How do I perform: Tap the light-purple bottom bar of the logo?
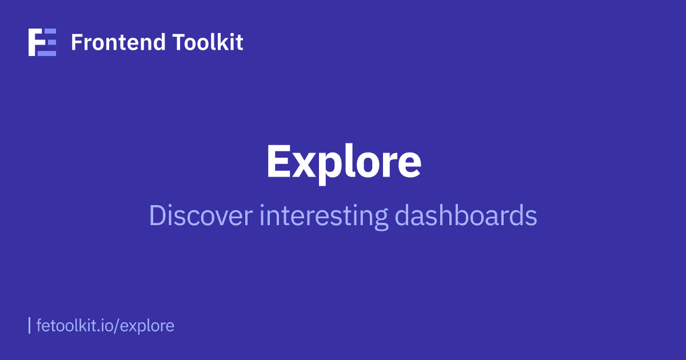click(47, 53)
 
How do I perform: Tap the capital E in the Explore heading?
click(279, 161)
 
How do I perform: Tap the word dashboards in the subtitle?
click(466, 216)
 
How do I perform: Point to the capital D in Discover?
click(157, 216)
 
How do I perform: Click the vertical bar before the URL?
click(30, 326)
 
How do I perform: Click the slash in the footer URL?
click(117, 326)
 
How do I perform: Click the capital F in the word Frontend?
click(75, 42)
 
